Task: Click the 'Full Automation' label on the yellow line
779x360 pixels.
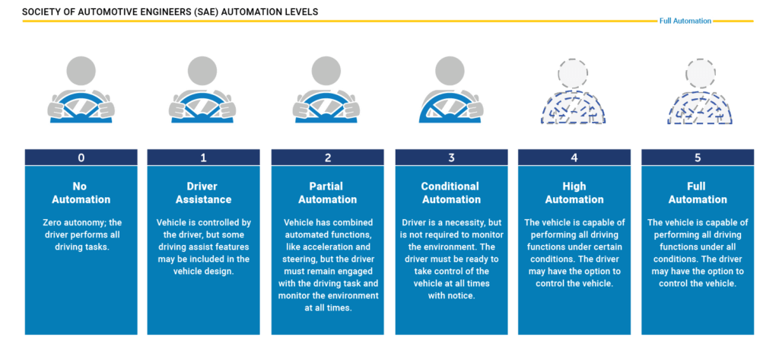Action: [685, 21]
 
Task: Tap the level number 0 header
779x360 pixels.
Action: [81, 158]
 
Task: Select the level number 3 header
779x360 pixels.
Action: [451, 158]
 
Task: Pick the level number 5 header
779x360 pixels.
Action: [698, 158]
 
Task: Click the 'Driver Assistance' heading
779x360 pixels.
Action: [203, 193]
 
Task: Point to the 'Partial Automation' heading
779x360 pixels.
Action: [327, 193]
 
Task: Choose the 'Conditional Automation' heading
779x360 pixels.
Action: [451, 193]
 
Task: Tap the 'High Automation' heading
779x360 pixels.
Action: [574, 193]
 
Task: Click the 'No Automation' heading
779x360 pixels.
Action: [81, 193]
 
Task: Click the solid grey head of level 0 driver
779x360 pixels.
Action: [81, 71]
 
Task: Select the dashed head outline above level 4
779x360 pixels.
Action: [573, 74]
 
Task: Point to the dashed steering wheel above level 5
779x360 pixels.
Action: [700, 108]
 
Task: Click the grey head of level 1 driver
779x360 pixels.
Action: [202, 71]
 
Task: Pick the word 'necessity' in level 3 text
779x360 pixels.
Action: [458, 222]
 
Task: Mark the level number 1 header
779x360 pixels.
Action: [203, 158]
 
